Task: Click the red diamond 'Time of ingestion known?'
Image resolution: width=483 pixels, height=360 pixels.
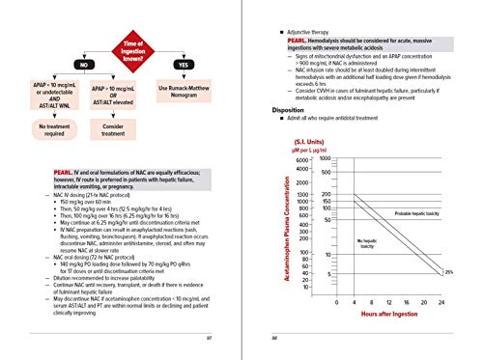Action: (x=134, y=38)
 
